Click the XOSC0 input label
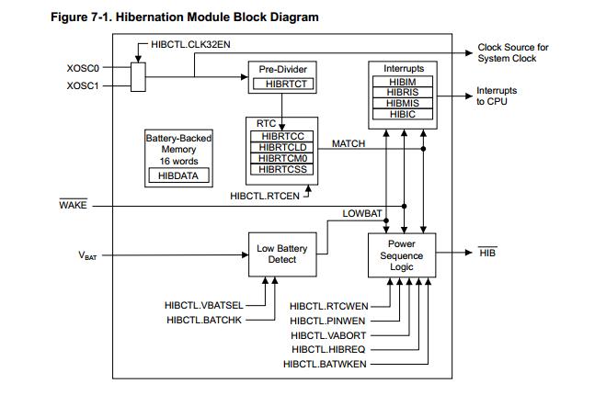(84, 67)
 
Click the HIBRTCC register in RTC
(282, 137)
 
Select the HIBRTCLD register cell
(282, 148)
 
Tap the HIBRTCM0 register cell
(282, 158)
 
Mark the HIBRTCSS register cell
(282, 169)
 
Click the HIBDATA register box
(178, 175)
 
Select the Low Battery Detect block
(282, 254)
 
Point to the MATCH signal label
(348, 144)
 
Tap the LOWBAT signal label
(361, 213)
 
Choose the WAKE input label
(73, 206)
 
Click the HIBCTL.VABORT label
(328, 335)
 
